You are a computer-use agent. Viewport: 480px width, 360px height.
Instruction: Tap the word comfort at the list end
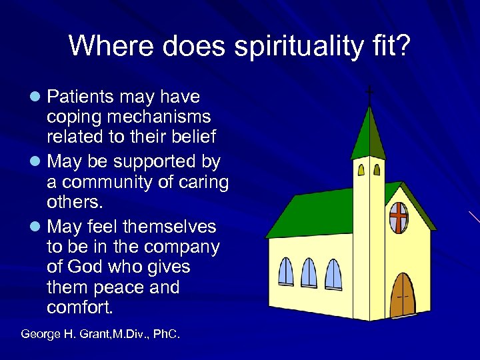pos(81,308)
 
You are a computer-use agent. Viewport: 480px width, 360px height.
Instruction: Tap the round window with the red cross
pos(398,218)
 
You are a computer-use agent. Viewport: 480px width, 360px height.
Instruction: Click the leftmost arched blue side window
pos(285,272)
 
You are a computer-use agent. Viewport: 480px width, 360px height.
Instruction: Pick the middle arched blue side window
pos(309,273)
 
